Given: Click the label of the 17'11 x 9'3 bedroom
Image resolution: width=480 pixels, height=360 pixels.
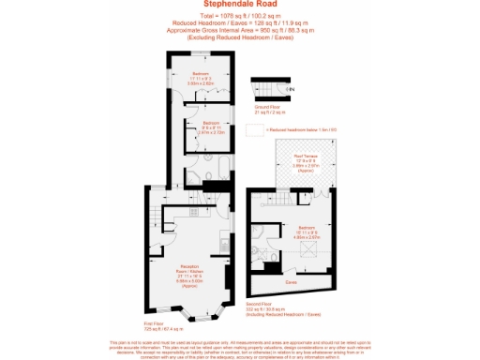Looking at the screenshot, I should click(x=201, y=78).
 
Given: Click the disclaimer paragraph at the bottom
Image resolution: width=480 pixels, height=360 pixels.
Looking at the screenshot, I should click(x=239, y=350).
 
